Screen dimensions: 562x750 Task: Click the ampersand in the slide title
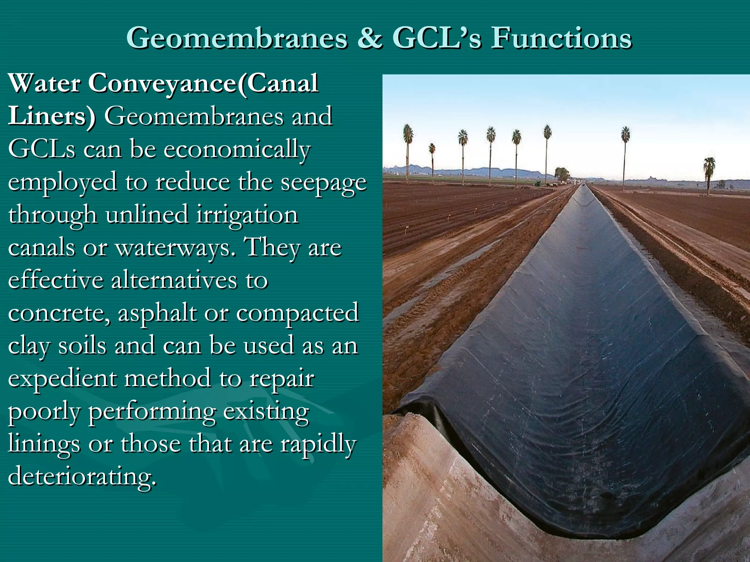[x=370, y=38]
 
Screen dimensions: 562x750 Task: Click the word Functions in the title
[x=561, y=38]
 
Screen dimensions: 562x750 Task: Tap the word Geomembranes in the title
[x=237, y=38]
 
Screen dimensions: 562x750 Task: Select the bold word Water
[x=44, y=83]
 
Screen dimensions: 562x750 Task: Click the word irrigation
[x=247, y=215]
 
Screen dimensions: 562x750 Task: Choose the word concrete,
[x=59, y=313]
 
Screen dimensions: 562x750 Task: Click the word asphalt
[x=157, y=313]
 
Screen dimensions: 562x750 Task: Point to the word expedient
[x=62, y=379]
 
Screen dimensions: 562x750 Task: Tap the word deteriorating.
[x=82, y=477]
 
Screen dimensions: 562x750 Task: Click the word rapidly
[x=318, y=444]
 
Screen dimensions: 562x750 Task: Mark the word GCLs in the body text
[x=42, y=149]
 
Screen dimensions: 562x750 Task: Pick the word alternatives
[x=174, y=281]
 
